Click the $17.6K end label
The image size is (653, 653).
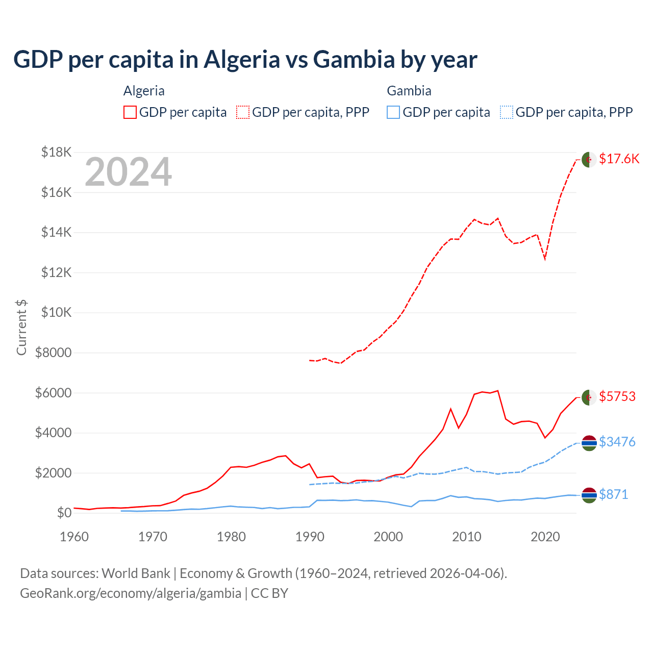619,159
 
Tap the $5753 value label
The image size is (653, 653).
617,396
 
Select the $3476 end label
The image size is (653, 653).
617,442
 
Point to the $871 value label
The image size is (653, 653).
614,494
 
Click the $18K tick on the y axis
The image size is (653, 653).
57,152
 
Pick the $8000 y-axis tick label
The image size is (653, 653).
53,353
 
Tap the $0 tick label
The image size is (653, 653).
64,513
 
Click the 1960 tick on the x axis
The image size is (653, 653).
74,537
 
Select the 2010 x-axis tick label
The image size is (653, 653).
467,537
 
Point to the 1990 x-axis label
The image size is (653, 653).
310,537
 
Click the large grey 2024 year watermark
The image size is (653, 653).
128,172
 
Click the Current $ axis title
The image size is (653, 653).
21,327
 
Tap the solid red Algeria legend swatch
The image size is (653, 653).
130,112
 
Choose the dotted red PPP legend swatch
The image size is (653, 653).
243,112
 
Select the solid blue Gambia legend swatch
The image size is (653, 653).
393,112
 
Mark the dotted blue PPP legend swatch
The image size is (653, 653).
507,112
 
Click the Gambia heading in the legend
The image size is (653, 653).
409,91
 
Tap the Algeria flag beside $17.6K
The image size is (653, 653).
589,159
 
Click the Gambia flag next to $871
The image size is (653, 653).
589,495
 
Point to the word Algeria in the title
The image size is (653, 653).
242,60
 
